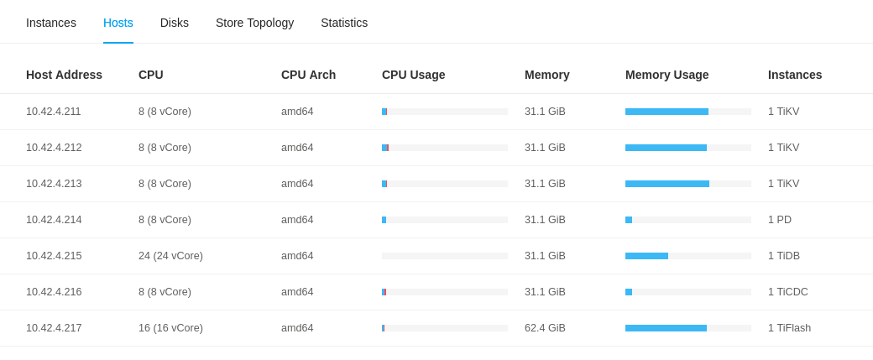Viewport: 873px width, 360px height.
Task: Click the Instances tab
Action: [x=51, y=23]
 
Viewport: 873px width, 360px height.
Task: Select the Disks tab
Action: [x=175, y=23]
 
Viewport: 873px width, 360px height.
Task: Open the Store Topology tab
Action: [x=254, y=23]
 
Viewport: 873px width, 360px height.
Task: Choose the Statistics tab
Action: [x=344, y=23]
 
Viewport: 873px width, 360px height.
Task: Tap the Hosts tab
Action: [x=118, y=23]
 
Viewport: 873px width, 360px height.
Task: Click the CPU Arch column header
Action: [x=308, y=75]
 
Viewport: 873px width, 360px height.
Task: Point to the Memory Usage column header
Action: [x=667, y=75]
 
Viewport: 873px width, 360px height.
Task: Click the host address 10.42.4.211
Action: [x=54, y=112]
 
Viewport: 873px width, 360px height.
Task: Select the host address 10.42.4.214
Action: [x=54, y=220]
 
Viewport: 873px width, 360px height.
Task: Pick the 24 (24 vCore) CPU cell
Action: [x=170, y=256]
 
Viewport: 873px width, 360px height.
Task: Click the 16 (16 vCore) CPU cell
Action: [x=170, y=328]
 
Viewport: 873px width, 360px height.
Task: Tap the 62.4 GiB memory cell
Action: [x=545, y=328]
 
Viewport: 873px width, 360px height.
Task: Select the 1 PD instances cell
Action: [x=780, y=220]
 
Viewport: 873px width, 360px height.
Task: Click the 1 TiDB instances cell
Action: [x=784, y=256]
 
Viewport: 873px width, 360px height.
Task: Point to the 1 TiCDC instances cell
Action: [x=788, y=292]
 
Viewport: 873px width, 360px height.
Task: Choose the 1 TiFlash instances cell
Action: [x=789, y=328]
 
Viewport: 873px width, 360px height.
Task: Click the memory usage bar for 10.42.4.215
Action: [x=687, y=256]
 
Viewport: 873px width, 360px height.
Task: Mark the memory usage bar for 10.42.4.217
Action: [x=687, y=328]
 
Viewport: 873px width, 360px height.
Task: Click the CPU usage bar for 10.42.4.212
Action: [x=444, y=148]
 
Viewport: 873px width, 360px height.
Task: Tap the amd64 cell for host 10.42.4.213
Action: [x=297, y=184]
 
